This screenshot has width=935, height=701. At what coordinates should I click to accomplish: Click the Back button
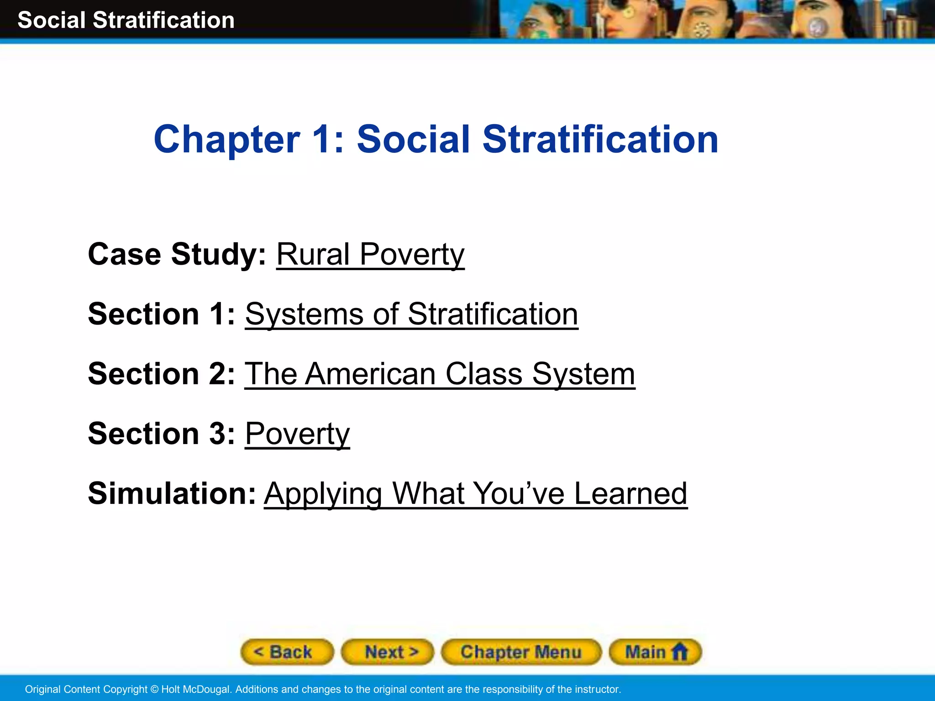point(287,652)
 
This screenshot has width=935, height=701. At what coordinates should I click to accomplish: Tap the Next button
point(387,652)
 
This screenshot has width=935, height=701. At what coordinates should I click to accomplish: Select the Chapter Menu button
point(521,652)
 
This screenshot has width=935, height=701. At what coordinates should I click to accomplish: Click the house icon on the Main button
point(679,651)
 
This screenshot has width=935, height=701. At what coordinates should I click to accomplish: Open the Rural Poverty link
point(370,254)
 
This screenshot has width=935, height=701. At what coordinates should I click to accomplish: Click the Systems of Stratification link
point(411,314)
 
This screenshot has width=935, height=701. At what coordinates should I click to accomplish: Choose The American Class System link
point(440,374)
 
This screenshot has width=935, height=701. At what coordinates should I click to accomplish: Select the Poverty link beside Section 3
point(297,434)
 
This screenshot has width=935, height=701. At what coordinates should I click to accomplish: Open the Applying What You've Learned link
point(475,493)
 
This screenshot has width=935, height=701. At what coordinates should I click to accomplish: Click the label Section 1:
point(162,314)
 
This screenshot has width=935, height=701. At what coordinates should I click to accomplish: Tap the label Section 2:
point(162,374)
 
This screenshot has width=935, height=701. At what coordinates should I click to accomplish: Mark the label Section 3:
point(162,434)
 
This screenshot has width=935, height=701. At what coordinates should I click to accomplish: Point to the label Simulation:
point(172,493)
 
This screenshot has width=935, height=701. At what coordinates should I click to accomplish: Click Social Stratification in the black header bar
point(126,20)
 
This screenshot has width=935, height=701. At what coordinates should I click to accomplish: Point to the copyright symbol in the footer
point(154,689)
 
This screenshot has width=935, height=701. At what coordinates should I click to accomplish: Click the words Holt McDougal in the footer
point(195,689)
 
